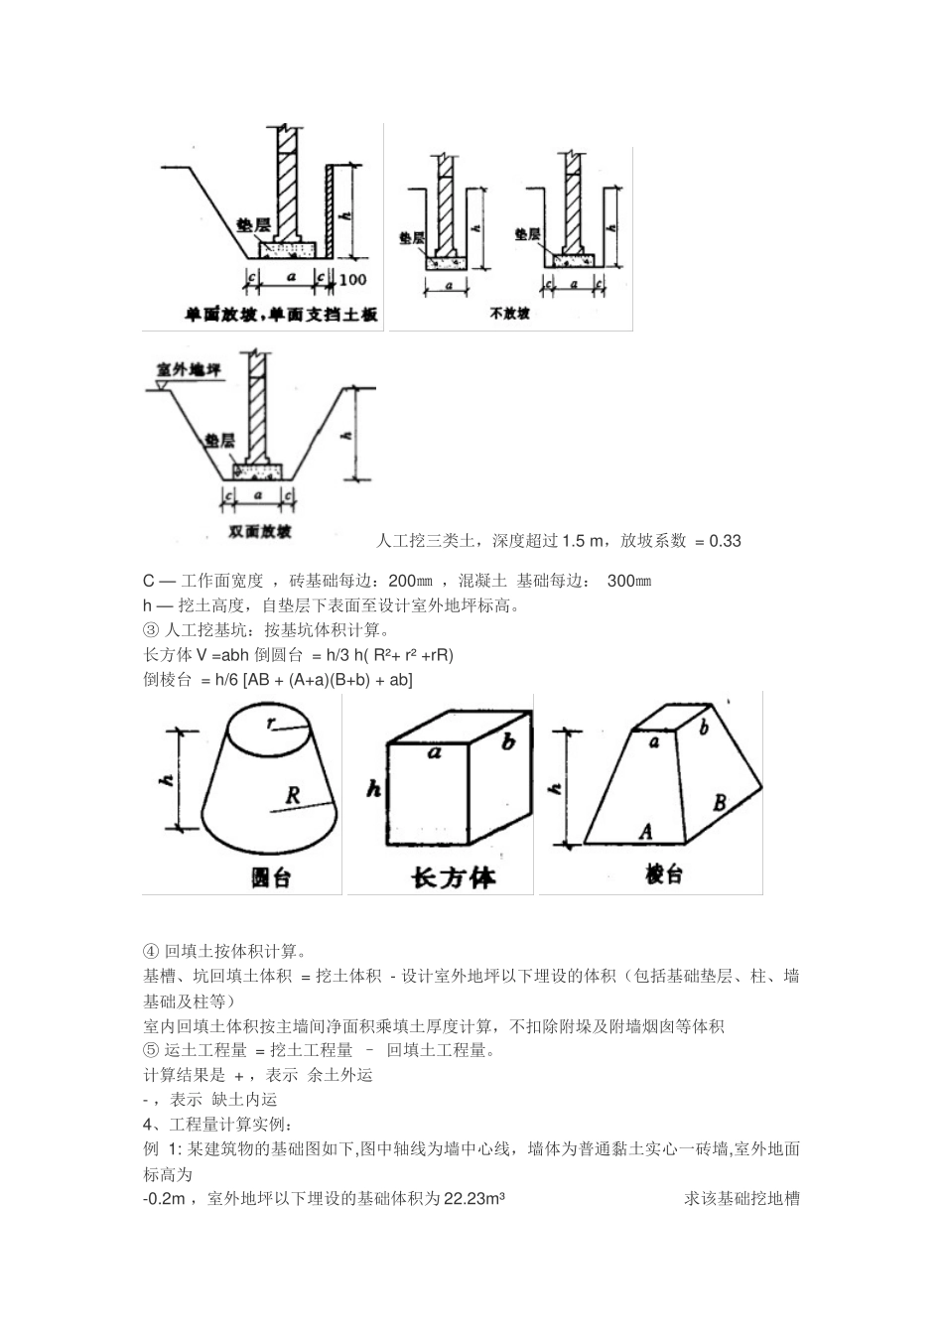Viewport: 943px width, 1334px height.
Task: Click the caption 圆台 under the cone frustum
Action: point(269,877)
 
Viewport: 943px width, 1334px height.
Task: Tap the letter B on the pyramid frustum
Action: point(720,802)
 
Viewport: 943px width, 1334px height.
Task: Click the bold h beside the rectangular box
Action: point(373,790)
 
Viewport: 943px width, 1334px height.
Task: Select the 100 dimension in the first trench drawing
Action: point(352,280)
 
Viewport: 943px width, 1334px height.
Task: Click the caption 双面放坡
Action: point(260,532)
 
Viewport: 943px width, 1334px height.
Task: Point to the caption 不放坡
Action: point(509,314)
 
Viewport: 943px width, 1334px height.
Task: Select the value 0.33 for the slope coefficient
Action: point(724,541)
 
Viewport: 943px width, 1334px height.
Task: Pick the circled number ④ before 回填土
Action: point(151,951)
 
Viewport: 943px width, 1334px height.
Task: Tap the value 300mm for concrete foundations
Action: point(629,581)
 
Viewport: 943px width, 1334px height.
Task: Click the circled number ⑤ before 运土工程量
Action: point(151,1050)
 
